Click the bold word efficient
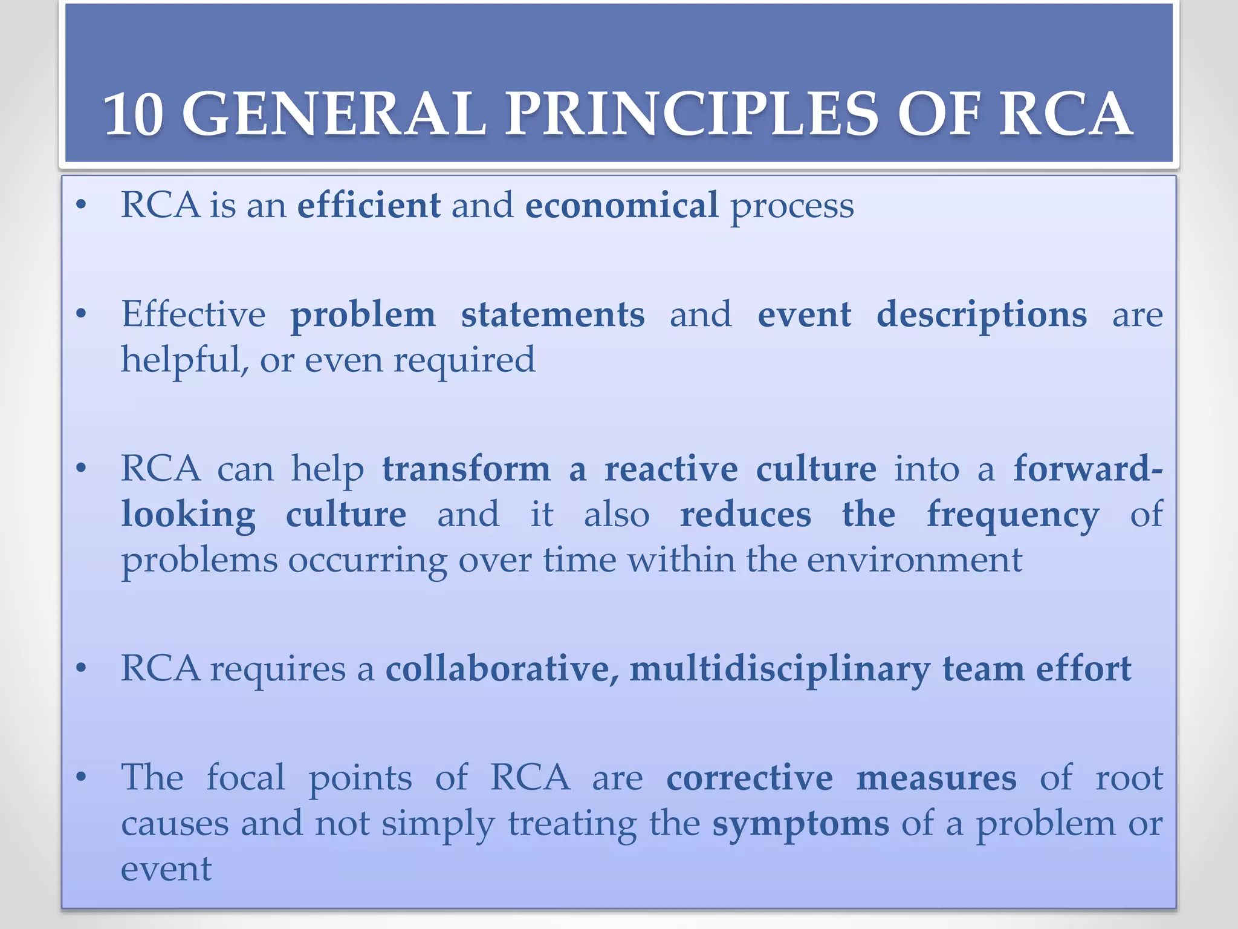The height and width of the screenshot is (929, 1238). point(369,205)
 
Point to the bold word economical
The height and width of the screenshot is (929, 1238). point(621,205)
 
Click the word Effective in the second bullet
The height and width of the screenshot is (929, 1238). point(193,315)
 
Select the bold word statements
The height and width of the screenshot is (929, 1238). point(553,315)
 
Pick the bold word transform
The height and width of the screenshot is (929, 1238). point(466,469)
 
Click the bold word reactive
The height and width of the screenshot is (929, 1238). point(671,469)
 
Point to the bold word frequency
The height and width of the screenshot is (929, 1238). point(1013,515)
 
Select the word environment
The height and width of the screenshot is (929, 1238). point(914,560)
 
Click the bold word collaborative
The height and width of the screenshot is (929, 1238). point(502,669)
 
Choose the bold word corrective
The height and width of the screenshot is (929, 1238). point(749,778)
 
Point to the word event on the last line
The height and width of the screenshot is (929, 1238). point(166,870)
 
